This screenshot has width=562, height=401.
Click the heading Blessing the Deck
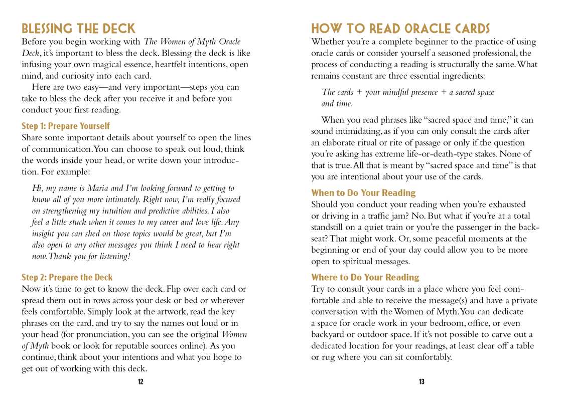pos(78,28)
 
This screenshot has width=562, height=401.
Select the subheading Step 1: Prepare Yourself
pos(66,126)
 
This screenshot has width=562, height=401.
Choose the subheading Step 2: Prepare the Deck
pos(67,277)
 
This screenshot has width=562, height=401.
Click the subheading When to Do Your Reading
pos(363,192)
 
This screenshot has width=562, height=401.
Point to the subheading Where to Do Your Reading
pos(365,277)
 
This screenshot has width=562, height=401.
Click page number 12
pos(140,382)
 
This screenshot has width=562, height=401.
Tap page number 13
pos(421,382)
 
